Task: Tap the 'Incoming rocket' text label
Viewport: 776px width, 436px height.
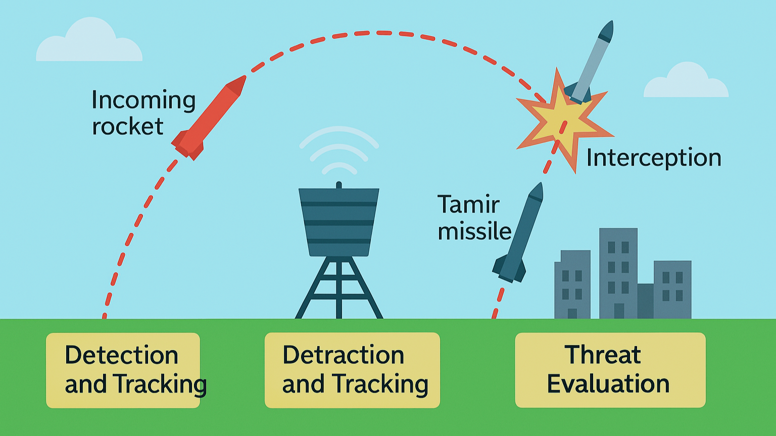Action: click(143, 113)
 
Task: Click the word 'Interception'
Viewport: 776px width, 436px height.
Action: click(653, 158)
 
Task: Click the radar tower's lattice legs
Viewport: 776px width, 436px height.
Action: click(339, 288)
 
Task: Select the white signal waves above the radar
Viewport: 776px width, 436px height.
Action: click(339, 148)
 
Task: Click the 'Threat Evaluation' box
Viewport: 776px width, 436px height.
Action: click(610, 370)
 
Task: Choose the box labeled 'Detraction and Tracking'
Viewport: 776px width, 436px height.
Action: click(352, 370)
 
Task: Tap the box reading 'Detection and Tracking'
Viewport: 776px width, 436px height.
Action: click(123, 370)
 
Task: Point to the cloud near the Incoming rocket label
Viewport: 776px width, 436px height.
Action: click(89, 42)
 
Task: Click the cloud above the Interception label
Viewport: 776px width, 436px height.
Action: click(686, 82)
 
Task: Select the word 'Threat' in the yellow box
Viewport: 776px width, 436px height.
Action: click(602, 355)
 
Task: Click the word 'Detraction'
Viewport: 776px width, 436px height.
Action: click(343, 355)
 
